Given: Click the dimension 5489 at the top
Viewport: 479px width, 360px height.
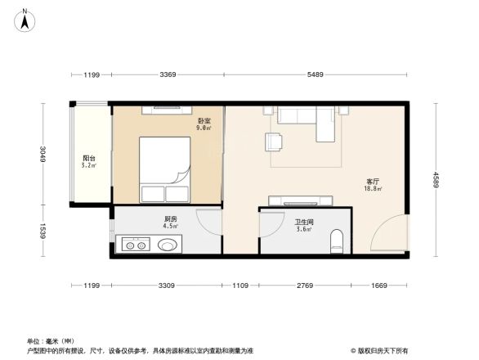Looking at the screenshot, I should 316,75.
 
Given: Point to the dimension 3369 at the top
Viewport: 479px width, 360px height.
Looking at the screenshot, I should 168,75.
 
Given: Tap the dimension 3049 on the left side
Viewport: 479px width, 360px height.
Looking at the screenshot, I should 43,154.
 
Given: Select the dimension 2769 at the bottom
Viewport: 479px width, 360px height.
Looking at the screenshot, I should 304,286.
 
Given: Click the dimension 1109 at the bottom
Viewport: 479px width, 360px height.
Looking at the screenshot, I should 240,286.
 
